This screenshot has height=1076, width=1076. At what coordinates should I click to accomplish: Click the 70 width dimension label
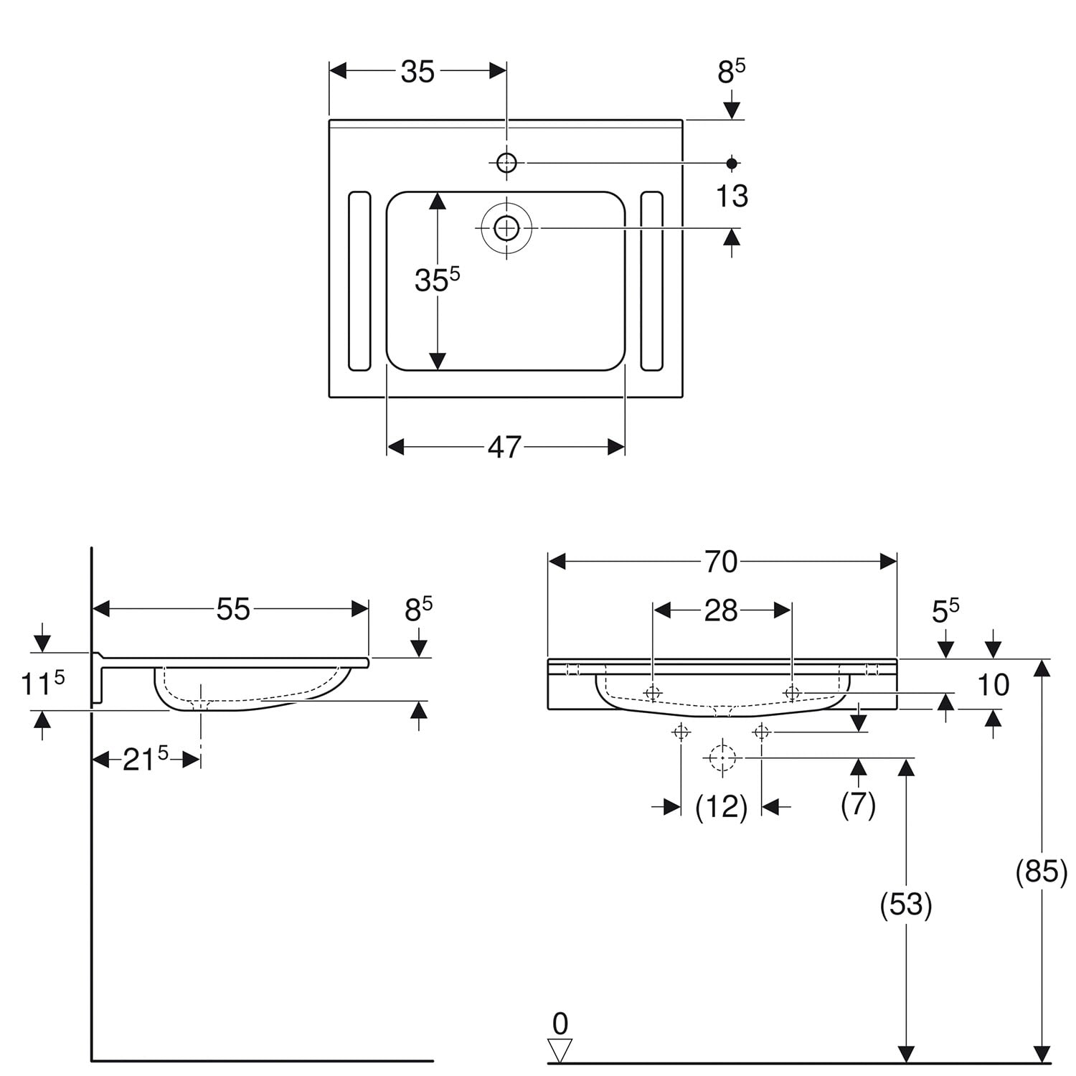tap(721, 562)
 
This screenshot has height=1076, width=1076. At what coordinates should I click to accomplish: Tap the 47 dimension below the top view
tap(504, 447)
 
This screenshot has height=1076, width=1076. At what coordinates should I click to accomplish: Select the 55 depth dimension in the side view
tap(233, 609)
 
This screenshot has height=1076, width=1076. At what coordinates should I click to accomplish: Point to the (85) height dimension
tap(1042, 871)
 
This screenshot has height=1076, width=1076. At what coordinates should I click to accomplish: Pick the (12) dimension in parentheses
tap(722, 807)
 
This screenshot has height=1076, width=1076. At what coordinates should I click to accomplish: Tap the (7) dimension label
tap(859, 804)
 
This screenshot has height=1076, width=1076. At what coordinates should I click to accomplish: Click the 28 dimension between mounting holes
tap(721, 610)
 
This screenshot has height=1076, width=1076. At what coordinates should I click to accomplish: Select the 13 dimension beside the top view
tap(732, 196)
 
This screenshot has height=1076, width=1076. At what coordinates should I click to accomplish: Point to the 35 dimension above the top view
tap(417, 71)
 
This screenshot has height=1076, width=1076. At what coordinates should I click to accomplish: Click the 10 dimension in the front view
tap(994, 685)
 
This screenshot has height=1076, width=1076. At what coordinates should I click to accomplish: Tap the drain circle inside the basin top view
tap(506, 228)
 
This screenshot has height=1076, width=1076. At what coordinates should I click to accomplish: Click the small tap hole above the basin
tap(506, 163)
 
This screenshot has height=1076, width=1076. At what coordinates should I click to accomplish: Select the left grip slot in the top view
tap(359, 281)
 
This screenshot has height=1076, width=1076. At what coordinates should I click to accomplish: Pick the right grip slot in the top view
tap(651, 281)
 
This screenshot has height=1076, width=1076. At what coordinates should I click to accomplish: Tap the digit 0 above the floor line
tap(560, 1023)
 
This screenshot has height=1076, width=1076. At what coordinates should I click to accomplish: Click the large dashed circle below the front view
tap(722, 758)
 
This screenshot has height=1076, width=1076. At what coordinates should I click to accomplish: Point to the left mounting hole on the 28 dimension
tap(653, 693)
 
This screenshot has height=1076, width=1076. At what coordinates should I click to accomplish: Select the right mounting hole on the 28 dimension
tap(792, 693)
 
